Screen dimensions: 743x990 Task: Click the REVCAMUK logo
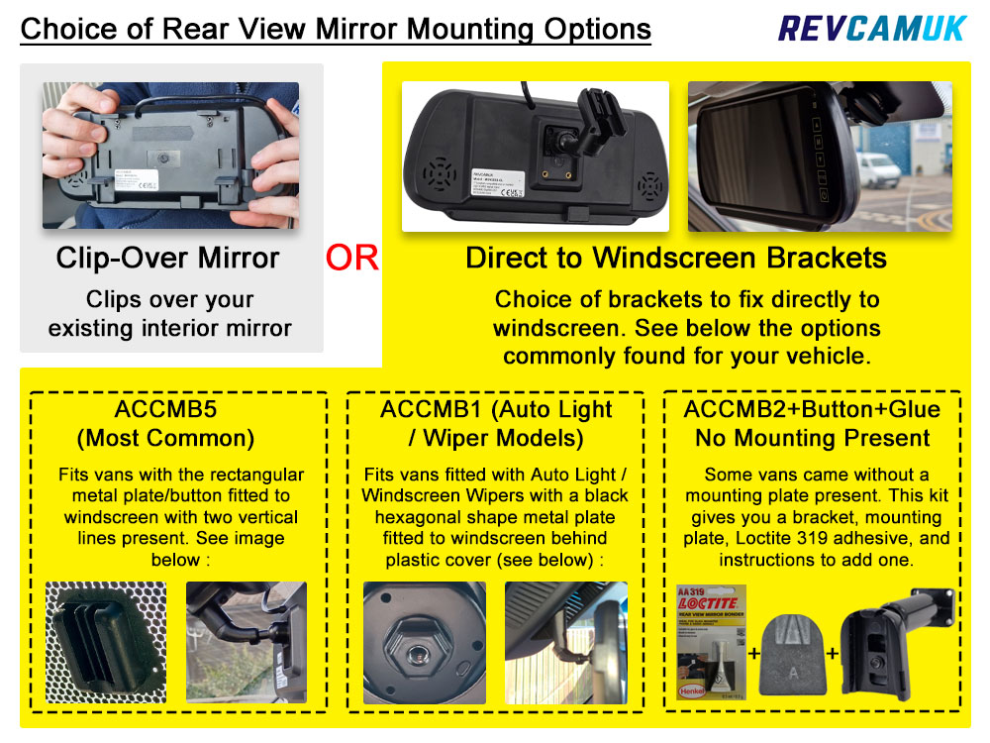[871, 27]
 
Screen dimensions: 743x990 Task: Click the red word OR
[351, 259]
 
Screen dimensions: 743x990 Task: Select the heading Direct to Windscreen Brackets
[676, 258]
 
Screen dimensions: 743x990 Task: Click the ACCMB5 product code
[178, 410]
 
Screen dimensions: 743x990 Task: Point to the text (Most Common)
[178, 438]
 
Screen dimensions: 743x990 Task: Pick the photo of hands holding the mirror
[170, 156]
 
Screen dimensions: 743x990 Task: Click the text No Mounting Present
[812, 438]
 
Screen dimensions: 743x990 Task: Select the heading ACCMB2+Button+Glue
[812, 410]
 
